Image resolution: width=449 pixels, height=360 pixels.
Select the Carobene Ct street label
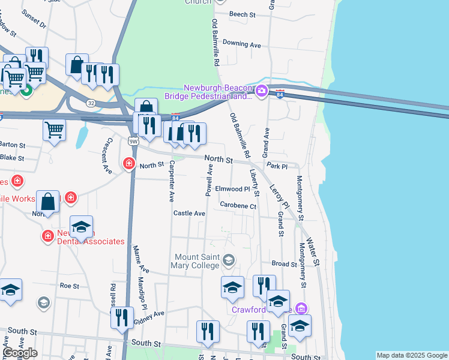[238, 206]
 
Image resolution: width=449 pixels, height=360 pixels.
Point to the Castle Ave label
[189, 213]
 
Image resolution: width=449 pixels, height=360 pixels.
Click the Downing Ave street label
[241, 44]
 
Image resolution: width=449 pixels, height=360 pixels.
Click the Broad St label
[284, 263]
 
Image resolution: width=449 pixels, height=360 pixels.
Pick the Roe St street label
[70, 286]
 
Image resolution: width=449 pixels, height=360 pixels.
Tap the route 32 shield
[90, 103]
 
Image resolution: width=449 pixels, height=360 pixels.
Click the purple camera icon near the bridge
[261, 91]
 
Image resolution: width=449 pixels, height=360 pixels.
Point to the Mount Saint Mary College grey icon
[229, 260]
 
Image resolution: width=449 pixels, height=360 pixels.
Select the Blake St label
[12, 158]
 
